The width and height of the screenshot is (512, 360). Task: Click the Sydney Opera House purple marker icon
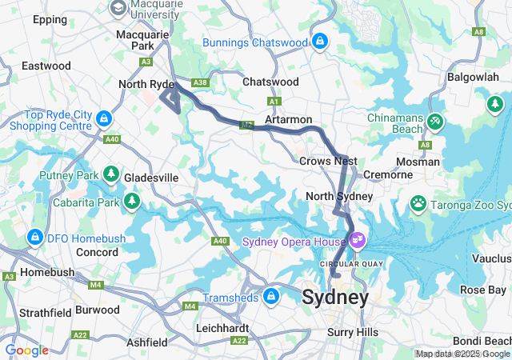pos(357,239)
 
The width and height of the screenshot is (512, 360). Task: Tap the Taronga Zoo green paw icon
pos(418,203)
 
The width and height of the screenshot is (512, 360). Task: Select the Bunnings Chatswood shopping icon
pos(319,41)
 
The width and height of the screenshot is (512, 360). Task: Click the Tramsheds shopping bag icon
pos(271,297)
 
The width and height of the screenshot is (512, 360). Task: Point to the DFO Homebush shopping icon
pos(34,237)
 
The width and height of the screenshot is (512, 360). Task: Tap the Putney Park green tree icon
pos(110,174)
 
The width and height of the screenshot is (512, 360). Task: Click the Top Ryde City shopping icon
pos(102,119)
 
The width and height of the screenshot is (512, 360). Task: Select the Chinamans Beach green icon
pos(434,121)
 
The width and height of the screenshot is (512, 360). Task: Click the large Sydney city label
pos(335,298)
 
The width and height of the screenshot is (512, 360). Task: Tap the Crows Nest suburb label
pos(328,161)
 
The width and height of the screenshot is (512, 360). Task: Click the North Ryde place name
pos(145,84)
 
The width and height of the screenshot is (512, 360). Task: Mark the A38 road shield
pos(200,82)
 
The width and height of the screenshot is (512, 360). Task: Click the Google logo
pos(27,350)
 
